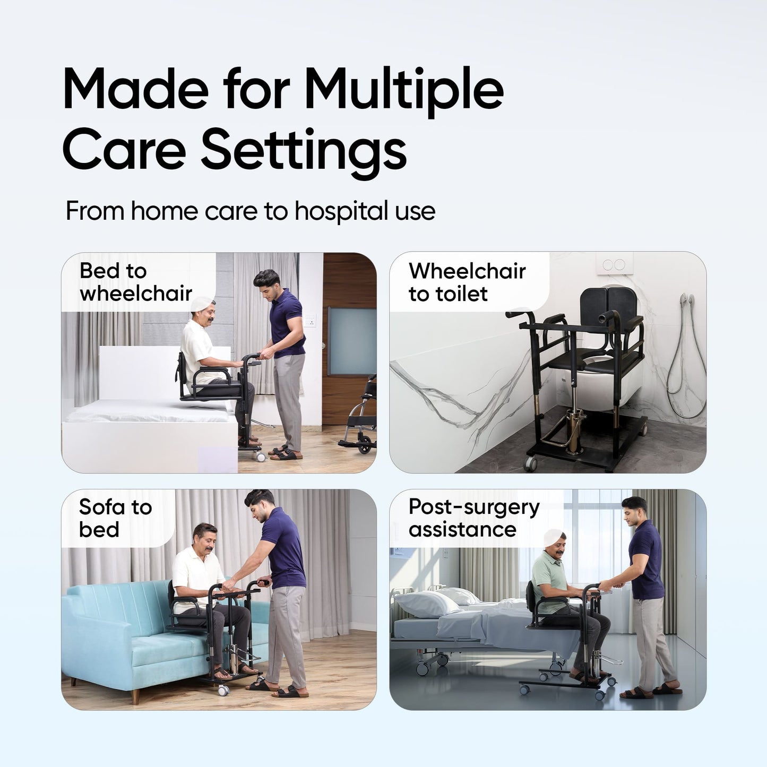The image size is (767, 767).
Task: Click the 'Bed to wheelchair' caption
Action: (x=136, y=282)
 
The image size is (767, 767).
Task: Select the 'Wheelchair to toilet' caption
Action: (x=467, y=282)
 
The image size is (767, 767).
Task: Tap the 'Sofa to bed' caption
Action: (x=115, y=518)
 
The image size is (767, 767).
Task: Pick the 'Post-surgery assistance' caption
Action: (x=474, y=518)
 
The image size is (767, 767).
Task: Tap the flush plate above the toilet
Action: (x=615, y=264)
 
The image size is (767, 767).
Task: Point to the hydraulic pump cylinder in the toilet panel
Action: (x=574, y=432)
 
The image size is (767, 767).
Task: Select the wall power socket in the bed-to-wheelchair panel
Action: (x=309, y=321)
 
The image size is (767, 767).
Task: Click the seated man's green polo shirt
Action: (x=550, y=579)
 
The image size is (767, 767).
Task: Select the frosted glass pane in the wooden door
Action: (x=352, y=341)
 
